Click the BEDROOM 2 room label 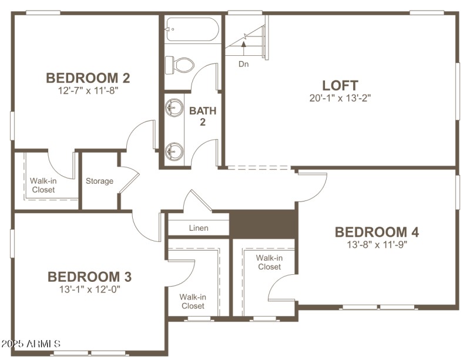click(88, 78)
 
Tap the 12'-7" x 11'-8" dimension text click(88, 91)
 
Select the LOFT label click(340, 85)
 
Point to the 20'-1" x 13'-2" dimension click(340, 98)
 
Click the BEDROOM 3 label click(89, 276)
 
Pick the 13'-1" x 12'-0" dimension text click(89, 289)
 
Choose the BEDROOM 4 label click(377, 232)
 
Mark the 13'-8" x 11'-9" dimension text click(377, 245)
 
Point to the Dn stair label click(243, 64)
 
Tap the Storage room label click(99, 181)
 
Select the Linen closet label click(198, 228)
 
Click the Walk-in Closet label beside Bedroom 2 click(43, 186)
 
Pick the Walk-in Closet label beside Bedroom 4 click(268, 262)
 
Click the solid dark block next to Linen click(263, 224)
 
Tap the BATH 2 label click(203, 116)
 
